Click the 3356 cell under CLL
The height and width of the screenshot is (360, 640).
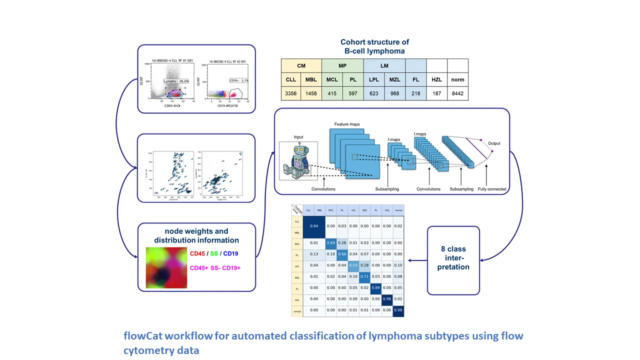291,93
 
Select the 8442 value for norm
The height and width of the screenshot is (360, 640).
457,93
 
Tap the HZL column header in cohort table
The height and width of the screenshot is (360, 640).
436,79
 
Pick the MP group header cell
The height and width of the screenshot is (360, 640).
342,65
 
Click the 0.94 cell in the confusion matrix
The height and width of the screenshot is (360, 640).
313,225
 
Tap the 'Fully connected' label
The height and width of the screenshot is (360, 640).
491,189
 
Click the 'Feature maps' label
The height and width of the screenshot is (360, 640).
347,124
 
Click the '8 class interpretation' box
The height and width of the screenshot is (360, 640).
453,258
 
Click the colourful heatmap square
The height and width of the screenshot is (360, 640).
166,268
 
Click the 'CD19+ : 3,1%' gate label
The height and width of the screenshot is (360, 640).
238,80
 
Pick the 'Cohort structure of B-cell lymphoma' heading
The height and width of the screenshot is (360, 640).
374,46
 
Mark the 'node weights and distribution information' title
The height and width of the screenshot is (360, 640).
196,235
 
